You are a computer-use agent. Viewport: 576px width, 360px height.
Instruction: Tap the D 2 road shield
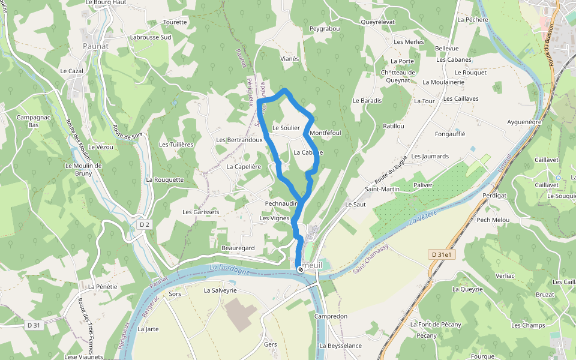tap(144, 224)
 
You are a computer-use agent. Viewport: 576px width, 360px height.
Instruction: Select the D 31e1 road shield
tap(443, 254)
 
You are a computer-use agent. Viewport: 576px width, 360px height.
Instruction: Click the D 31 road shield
tap(34, 325)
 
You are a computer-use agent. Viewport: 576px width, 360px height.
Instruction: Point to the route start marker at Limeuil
tap(300, 269)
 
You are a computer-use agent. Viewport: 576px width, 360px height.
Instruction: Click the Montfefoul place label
tap(325, 133)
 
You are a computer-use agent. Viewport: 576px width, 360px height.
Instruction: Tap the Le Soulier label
tap(286, 128)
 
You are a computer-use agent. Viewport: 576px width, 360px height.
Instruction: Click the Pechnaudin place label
tap(281, 203)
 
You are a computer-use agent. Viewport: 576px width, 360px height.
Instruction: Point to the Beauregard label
tap(238, 248)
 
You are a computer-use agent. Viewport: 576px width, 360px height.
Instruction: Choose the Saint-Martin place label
tap(382, 189)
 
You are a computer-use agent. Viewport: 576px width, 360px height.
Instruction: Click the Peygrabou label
tap(325, 28)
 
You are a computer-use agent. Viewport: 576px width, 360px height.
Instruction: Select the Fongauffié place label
tap(450, 134)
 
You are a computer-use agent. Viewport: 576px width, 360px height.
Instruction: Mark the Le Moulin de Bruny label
tap(83, 170)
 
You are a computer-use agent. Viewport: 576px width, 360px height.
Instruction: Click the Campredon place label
tap(331, 316)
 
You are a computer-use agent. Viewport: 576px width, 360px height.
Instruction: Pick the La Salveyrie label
tap(220, 290)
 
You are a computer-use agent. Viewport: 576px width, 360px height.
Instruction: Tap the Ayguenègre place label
tap(524, 122)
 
